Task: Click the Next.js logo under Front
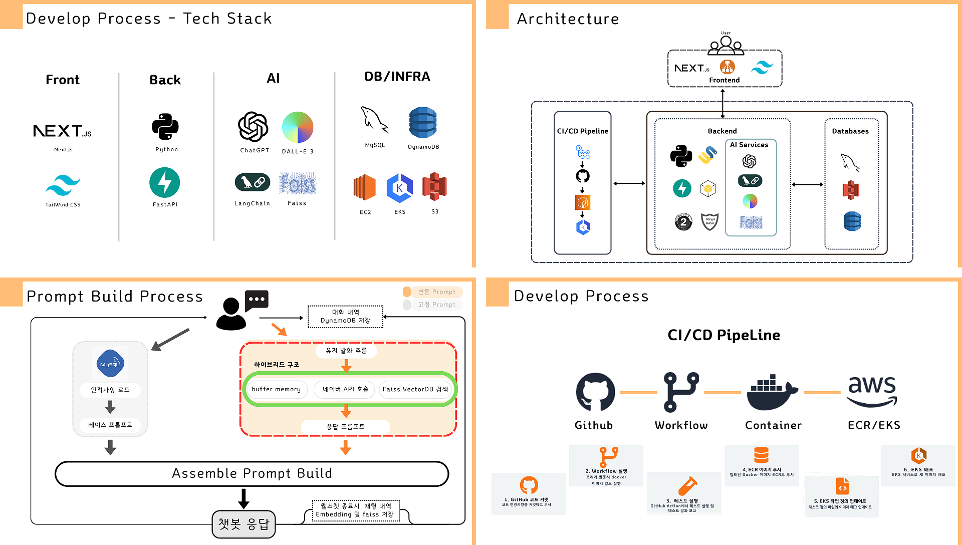62,131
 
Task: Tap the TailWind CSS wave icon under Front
63,185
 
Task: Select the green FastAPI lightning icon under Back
164,182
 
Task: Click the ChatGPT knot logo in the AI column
253,127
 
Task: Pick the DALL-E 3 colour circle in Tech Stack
298,127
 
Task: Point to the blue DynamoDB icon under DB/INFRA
423,122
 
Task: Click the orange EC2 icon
365,188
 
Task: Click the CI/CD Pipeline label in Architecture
583,131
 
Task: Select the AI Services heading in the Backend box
749,145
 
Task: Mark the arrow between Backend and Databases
808,185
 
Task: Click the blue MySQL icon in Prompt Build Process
110,364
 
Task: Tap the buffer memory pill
276,389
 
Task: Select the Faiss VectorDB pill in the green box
415,389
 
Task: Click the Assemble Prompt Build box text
252,473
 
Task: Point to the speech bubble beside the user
257,300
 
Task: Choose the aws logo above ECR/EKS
872,391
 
